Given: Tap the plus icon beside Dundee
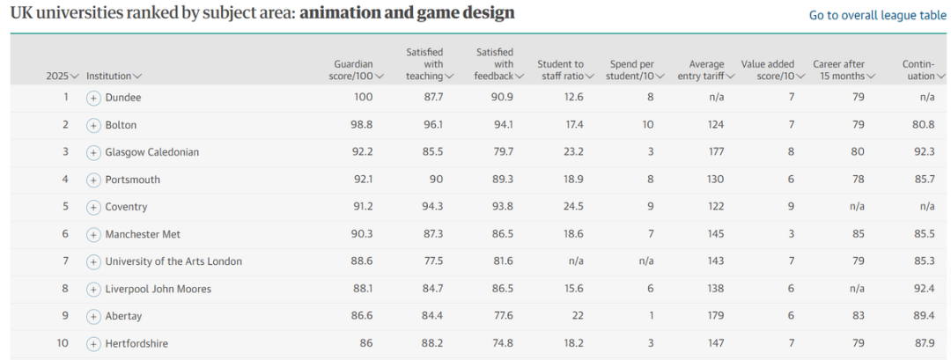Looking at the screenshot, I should coord(93,98).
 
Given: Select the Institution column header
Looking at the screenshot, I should coord(114,77).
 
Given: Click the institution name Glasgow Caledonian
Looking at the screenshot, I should coord(151,152).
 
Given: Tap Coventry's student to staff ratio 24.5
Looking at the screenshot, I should coord(574,207).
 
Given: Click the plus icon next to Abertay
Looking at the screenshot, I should coord(93,316).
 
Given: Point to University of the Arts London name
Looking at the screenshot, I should coord(173,261).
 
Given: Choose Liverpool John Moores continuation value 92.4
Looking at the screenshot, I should coord(922,289).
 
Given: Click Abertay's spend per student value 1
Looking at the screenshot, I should coord(650,316).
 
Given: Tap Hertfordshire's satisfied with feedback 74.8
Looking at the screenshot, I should coord(503,343).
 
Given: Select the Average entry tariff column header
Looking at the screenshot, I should coord(706,70).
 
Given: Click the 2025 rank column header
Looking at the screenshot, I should coord(63,77).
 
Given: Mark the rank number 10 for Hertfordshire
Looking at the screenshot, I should coord(63,343).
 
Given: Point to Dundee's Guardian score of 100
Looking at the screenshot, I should coord(364,98).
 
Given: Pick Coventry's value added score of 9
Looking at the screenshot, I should coord(792,207).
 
